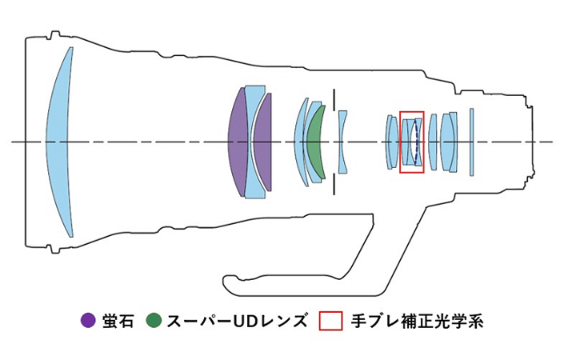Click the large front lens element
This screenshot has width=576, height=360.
tap(60, 142)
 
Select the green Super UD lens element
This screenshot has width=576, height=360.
tap(314, 142)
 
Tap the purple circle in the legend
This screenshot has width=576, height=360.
tap(88, 322)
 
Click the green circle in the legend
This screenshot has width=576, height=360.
tap(154, 322)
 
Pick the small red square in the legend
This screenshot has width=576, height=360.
tap(330, 322)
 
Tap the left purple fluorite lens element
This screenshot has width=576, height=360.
tap(238, 142)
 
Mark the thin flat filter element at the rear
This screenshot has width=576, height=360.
tap(473, 142)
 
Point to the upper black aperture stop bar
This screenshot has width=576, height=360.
tap(334, 98)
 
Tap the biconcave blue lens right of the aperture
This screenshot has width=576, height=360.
tap(343, 142)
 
